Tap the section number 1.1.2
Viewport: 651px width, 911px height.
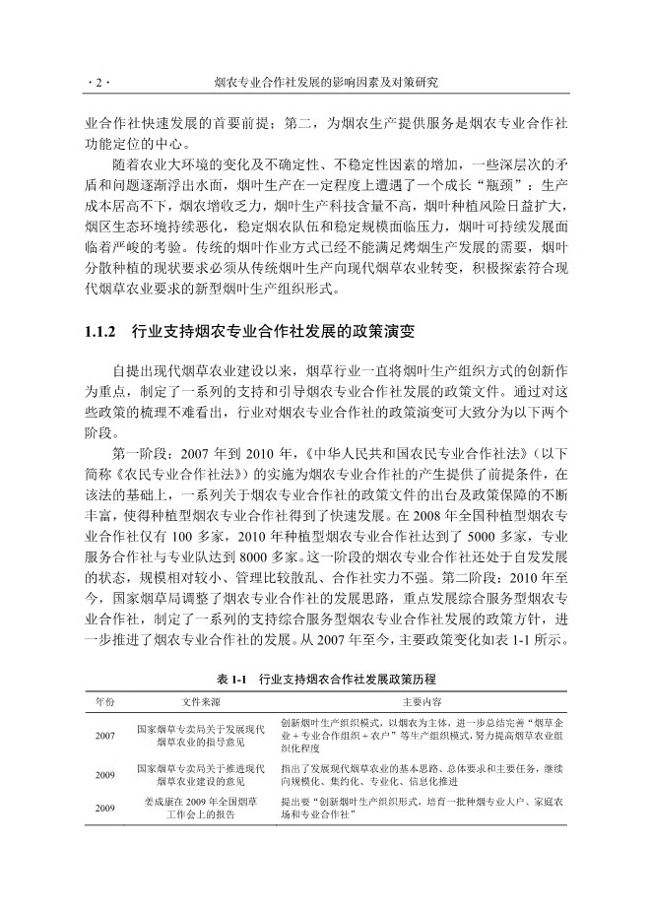click(102, 333)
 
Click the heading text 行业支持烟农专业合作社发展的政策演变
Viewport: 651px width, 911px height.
click(271, 333)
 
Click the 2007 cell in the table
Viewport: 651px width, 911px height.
click(104, 735)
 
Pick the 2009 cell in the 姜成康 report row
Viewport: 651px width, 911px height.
click(104, 808)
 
